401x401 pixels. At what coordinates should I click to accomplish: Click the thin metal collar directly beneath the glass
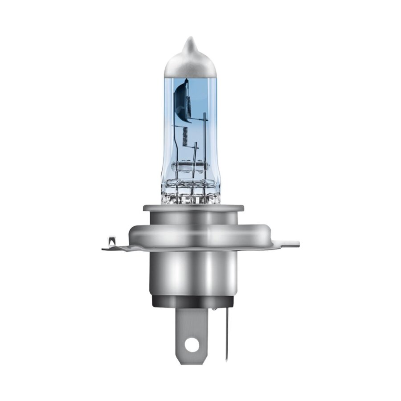tap(193, 208)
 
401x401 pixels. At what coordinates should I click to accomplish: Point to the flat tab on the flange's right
tap(285, 244)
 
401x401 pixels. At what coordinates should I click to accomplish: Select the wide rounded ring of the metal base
tap(193, 234)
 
